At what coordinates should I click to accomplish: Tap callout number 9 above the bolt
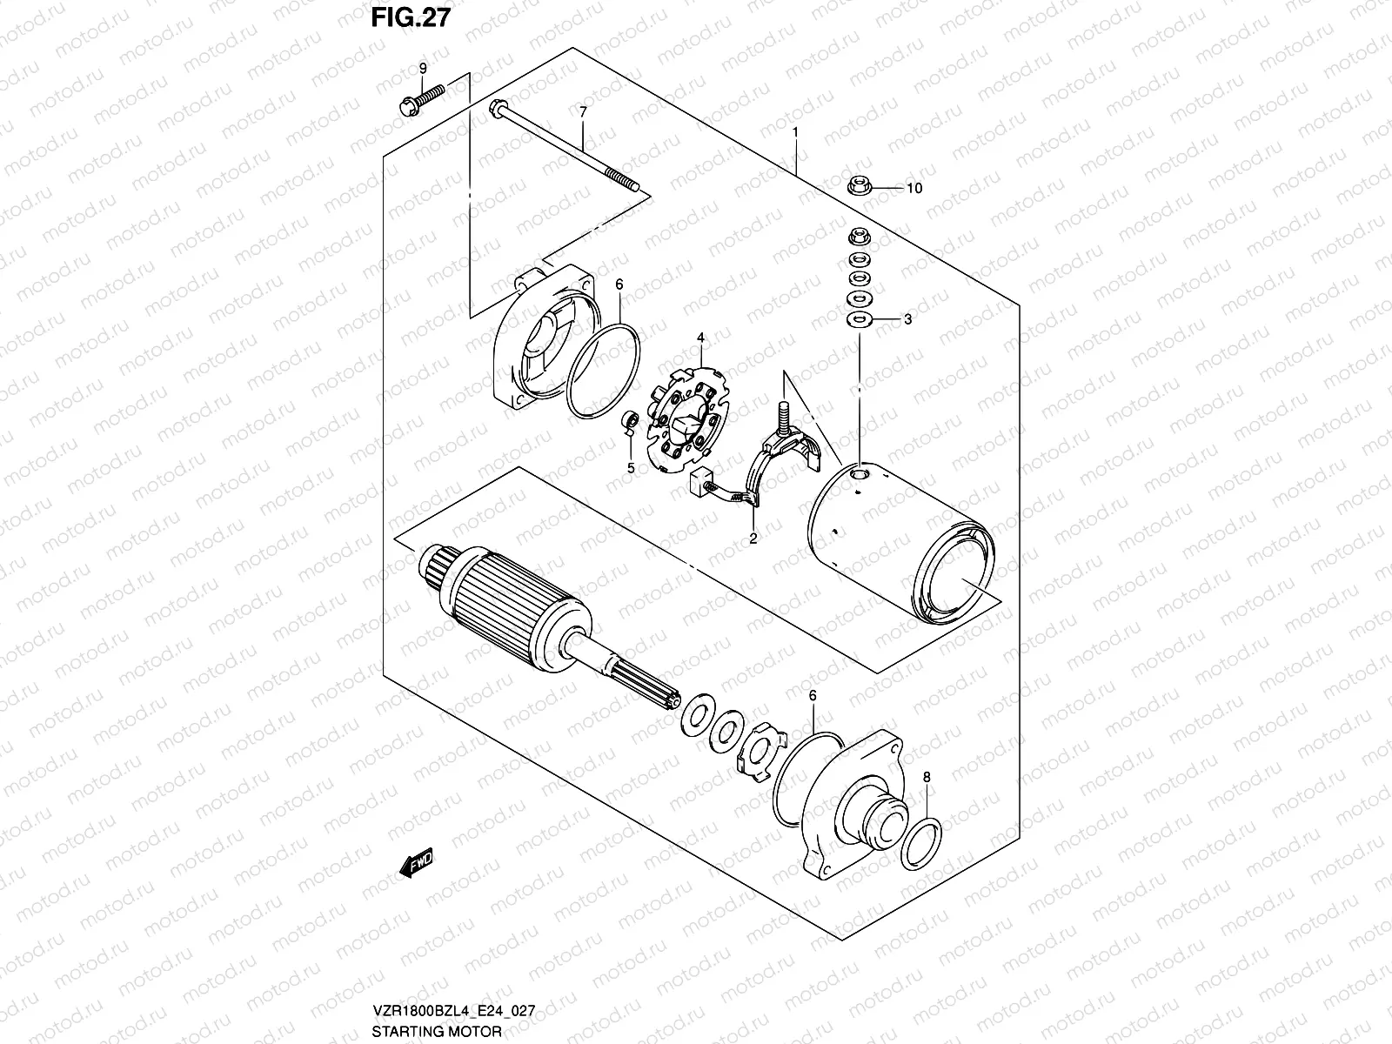(424, 68)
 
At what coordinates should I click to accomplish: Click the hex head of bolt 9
(405, 108)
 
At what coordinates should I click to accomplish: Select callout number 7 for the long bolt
(584, 111)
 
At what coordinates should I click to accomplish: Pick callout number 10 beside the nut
(913, 188)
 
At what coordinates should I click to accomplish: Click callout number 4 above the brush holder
(699, 337)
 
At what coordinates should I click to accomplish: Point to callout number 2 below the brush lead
(753, 539)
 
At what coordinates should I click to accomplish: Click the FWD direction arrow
(413, 864)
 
